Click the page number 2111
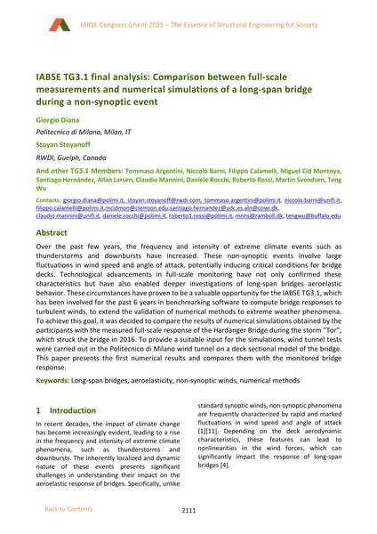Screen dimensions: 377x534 click(x=188, y=511)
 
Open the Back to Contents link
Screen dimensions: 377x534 click(x=68, y=509)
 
